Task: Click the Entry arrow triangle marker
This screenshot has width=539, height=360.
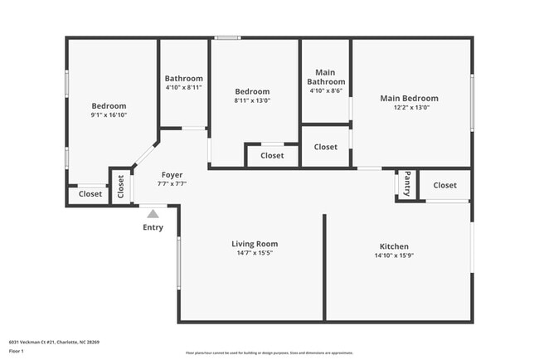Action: [153, 214]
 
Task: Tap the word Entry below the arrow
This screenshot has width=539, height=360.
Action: [153, 227]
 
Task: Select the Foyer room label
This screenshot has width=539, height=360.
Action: [172, 175]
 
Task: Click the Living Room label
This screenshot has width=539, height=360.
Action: [255, 244]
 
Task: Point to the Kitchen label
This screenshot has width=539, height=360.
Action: [394, 246]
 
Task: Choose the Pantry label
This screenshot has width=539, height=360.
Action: [407, 185]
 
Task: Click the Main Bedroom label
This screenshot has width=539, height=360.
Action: [409, 98]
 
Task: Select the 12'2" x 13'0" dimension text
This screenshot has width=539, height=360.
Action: [409, 107]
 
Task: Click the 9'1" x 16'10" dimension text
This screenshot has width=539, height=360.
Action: [109, 115]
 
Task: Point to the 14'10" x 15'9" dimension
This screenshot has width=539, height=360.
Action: [394, 256]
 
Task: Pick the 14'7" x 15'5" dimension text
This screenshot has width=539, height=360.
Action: [255, 254]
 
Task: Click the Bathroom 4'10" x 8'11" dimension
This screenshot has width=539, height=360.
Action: [183, 87]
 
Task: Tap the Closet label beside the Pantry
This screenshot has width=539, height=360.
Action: [444, 185]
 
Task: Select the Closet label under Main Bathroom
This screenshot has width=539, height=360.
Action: [326, 147]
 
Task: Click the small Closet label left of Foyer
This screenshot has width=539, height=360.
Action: [121, 187]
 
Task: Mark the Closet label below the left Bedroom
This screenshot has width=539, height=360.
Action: [90, 194]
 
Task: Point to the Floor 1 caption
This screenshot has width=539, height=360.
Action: [17, 350]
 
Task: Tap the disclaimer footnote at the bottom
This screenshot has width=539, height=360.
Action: [269, 353]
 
